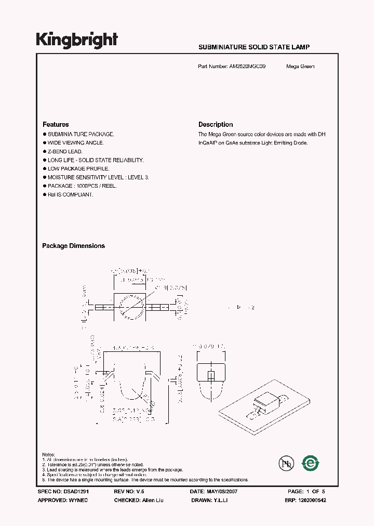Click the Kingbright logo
(77, 40)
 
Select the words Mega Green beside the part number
(300, 67)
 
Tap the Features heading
(56, 125)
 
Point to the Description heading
(216, 125)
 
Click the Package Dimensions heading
(73, 246)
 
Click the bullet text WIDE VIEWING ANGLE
(76, 142)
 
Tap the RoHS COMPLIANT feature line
(71, 194)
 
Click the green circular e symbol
(311, 462)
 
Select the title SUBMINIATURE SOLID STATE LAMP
(254, 47)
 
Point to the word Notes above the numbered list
(48, 455)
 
